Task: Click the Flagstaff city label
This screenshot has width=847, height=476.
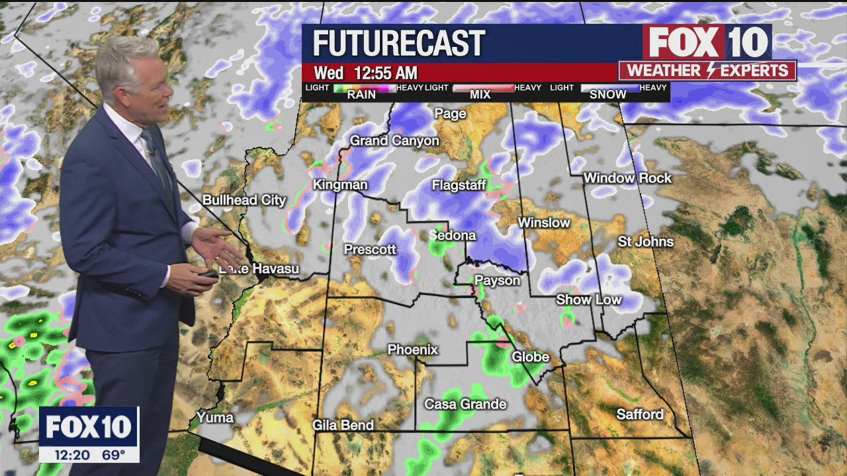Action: [459, 185]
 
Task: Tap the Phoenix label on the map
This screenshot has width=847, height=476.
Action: [412, 349]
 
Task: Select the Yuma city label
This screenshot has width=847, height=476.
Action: [215, 417]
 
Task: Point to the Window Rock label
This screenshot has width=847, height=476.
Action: [627, 178]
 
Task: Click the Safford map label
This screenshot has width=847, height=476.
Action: [639, 415]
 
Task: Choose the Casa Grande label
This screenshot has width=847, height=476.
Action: [465, 404]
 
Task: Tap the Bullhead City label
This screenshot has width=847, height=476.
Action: [244, 200]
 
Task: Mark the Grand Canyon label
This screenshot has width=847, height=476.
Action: [394, 140]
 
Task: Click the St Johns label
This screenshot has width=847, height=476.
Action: [645, 241]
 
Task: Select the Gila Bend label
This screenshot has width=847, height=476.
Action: [343, 425]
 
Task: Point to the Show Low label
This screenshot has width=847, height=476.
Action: [588, 299]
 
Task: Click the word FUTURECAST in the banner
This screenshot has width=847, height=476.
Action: [399, 44]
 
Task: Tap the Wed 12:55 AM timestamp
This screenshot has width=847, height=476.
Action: [365, 73]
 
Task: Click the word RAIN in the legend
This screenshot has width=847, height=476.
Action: [361, 95]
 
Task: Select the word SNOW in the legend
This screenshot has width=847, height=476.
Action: [607, 95]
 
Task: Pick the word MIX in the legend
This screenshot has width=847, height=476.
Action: [480, 95]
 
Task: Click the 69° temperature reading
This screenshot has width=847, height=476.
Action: [114, 455]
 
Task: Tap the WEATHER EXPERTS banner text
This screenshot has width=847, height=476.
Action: [707, 71]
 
